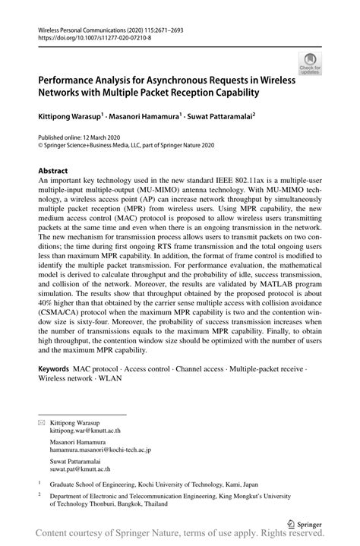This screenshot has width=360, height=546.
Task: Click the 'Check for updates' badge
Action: point(310,63)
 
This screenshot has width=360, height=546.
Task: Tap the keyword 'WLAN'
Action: point(110,377)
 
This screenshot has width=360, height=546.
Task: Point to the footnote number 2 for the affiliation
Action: point(39,492)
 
